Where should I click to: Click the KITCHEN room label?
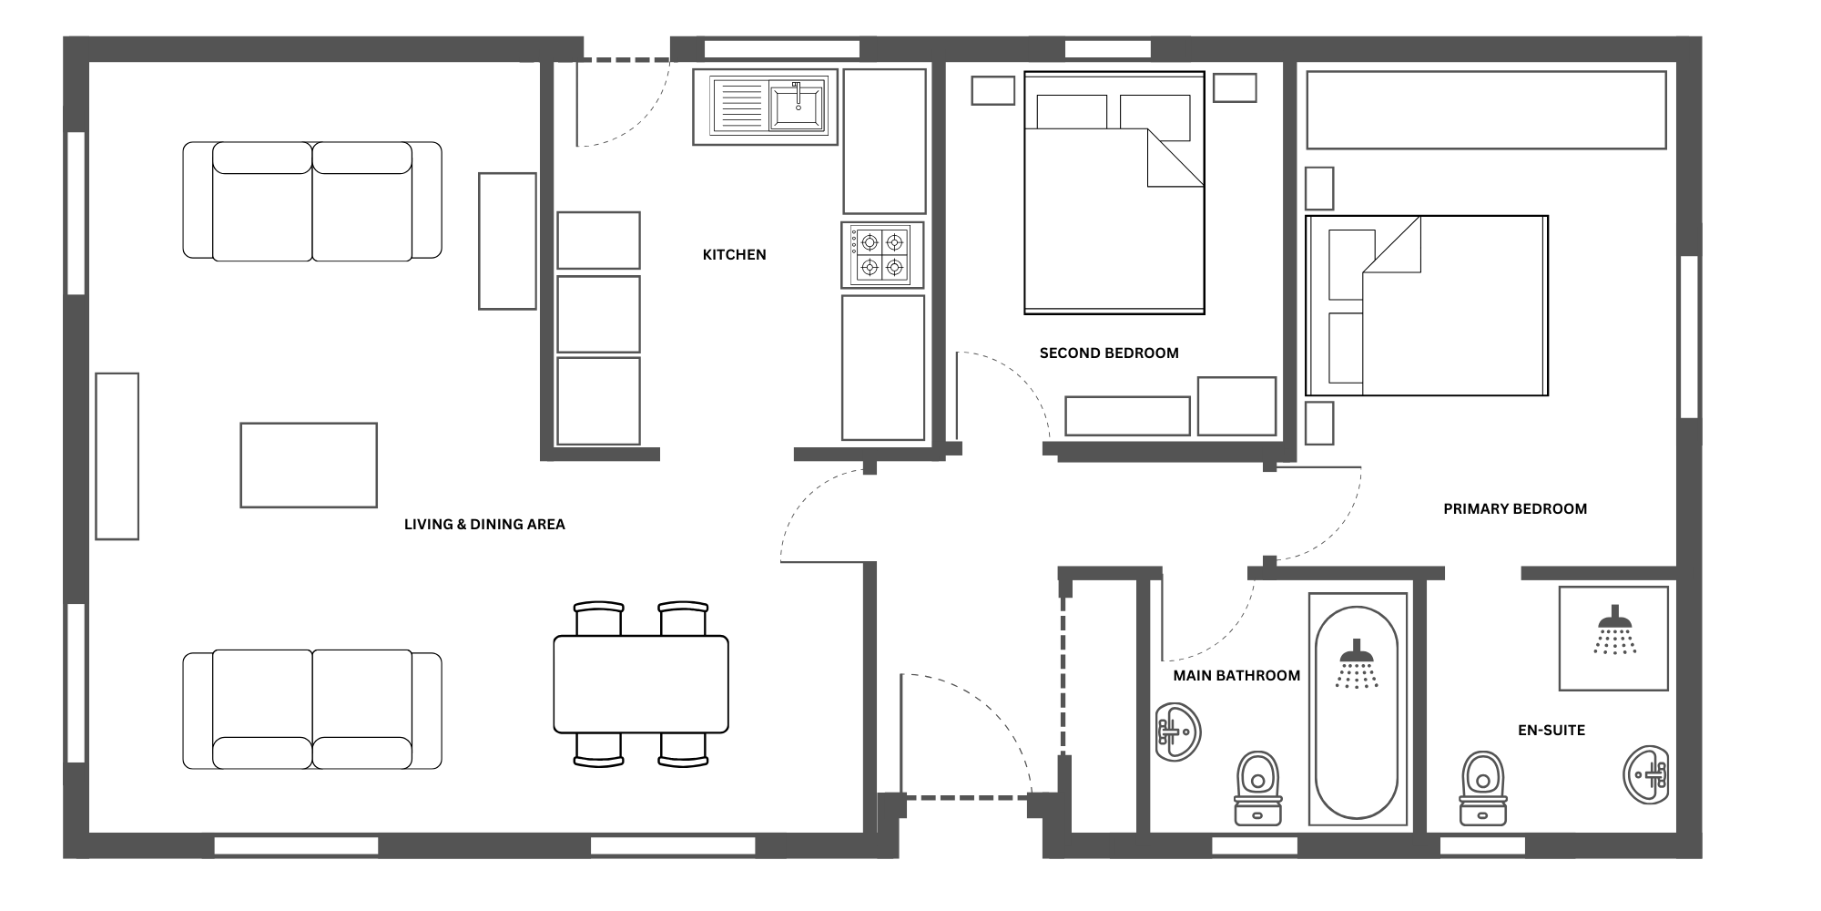click(734, 255)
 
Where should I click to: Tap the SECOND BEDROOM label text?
click(1109, 353)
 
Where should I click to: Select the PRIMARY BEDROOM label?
click(1515, 509)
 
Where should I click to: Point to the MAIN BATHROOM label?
click(1236, 676)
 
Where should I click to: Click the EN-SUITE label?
click(1551, 731)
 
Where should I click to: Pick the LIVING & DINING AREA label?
click(484, 525)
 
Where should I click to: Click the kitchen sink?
click(766, 107)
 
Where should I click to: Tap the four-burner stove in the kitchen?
click(882, 255)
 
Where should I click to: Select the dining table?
click(641, 684)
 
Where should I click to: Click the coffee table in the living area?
click(309, 465)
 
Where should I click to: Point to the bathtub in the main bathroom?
click(1358, 711)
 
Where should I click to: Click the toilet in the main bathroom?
click(1258, 789)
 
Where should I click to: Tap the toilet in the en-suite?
click(1482, 789)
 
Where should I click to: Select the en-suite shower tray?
click(1613, 638)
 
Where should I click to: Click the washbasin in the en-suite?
click(1646, 775)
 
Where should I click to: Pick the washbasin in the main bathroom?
click(1178, 732)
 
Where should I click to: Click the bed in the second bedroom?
click(1114, 193)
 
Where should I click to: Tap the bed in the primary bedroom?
click(1427, 305)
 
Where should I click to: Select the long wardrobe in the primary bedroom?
click(1486, 110)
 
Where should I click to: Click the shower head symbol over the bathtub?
click(1356, 663)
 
